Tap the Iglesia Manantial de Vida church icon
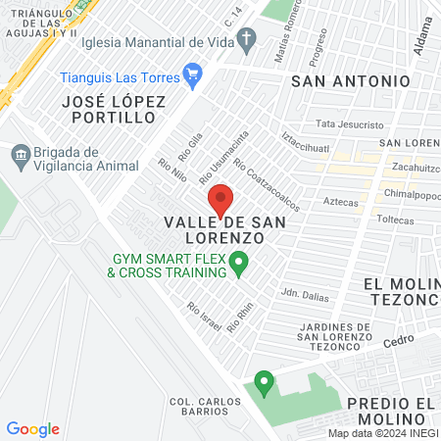pyautogui.click(x=248, y=42)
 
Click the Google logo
pyautogui.click(x=33, y=429)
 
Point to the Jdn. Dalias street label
pyautogui.click(x=303, y=293)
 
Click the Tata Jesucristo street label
pyautogui.click(x=350, y=125)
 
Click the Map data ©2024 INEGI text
pyautogui.click(x=382, y=433)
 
